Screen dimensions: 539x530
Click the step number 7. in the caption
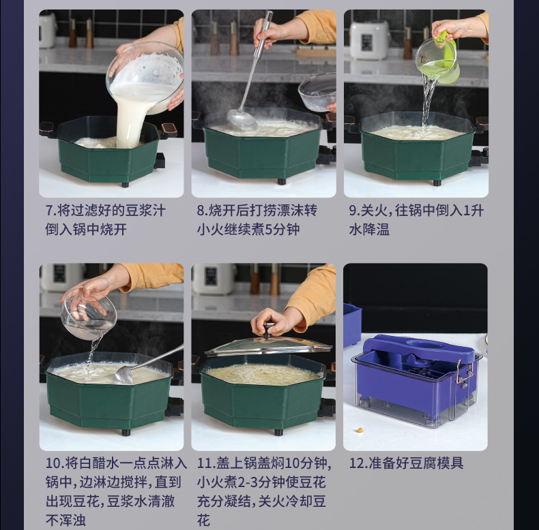point(51,211)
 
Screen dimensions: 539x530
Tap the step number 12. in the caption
point(358,463)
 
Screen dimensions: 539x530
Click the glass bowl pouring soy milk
point(145,78)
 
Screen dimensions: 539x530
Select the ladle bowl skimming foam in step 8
point(242,120)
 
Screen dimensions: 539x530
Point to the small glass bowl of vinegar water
point(89,313)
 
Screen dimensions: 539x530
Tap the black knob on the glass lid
point(267,330)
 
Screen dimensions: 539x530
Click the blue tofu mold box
point(416,380)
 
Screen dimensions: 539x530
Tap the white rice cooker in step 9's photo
point(369,40)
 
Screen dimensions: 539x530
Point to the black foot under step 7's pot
point(125,185)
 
